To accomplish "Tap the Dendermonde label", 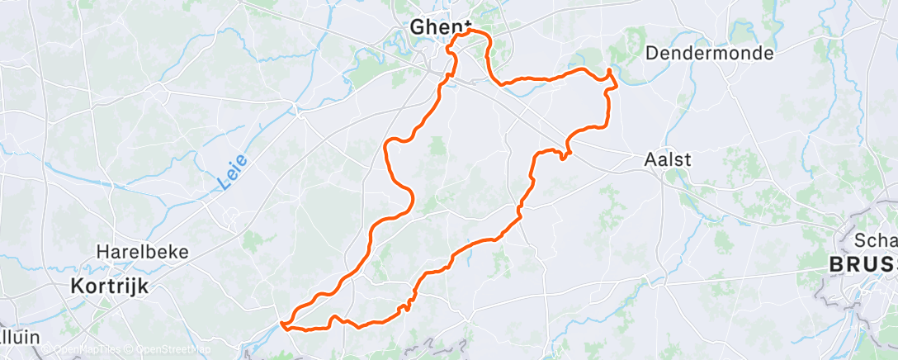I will pyautogui.click(x=710, y=54).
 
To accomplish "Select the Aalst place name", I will pyautogui.click(x=667, y=160).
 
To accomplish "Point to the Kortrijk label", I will pyautogui.click(x=108, y=286).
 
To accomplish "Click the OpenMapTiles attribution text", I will pyautogui.click(x=85, y=349).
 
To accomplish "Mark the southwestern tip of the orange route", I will pyautogui.click(x=282, y=324).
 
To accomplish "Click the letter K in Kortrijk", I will pyautogui.click(x=74, y=286).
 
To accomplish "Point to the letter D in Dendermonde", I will pyautogui.click(x=651, y=54).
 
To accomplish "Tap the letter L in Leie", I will pyautogui.click(x=224, y=185).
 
